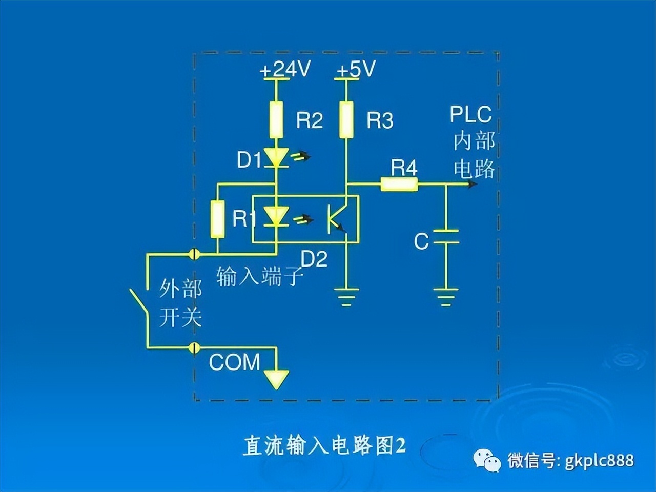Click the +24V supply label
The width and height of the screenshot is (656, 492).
pyautogui.click(x=285, y=70)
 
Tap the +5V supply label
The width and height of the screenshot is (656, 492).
pyautogui.click(x=356, y=70)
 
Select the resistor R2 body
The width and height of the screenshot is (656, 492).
pyautogui.click(x=276, y=120)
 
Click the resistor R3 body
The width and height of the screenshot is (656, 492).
pyautogui.click(x=346, y=120)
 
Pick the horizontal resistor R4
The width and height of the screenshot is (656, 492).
pyautogui.click(x=399, y=184)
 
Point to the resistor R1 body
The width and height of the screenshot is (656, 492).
pyautogui.click(x=218, y=219)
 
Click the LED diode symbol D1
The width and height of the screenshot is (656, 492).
pyautogui.click(x=276, y=157)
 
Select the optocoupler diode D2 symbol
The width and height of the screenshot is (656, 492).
pyautogui.click(x=276, y=216)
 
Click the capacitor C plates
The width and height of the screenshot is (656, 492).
pyautogui.click(x=446, y=237)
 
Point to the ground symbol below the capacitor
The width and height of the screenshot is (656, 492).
pyautogui.click(x=445, y=297)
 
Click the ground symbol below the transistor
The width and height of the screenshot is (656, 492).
pyautogui.click(x=346, y=297)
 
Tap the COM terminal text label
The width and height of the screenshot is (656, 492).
pyautogui.click(x=235, y=362)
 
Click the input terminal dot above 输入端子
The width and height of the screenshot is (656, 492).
pyautogui.click(x=194, y=254)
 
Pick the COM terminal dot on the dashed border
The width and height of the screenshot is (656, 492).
pyautogui.click(x=194, y=347)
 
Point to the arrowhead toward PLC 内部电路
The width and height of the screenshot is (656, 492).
pyautogui.click(x=472, y=183)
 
